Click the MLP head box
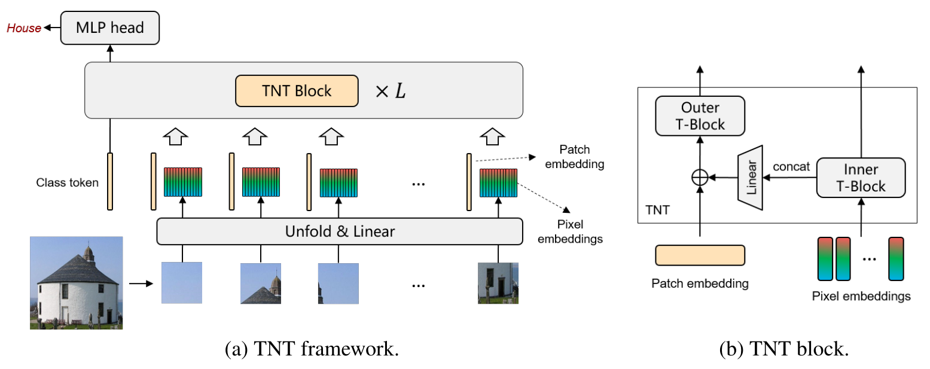pos(110,28)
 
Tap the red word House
pos(24,28)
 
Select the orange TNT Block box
pos(297,91)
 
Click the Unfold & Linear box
pos(339,231)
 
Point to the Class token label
pos(66,182)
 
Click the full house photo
pos(76,282)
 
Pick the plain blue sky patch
pos(182,283)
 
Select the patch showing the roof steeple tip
pos(261,283)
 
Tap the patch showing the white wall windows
pos(498,283)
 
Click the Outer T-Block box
pos(700,116)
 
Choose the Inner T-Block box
pos(861,178)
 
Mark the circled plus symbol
pos(700,178)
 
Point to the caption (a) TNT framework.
pos(311,349)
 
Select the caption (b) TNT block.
pos(783,349)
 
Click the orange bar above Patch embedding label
pos(700,255)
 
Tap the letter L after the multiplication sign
pos(398,92)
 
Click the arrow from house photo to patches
pos(141,283)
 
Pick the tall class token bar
pos(110,181)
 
